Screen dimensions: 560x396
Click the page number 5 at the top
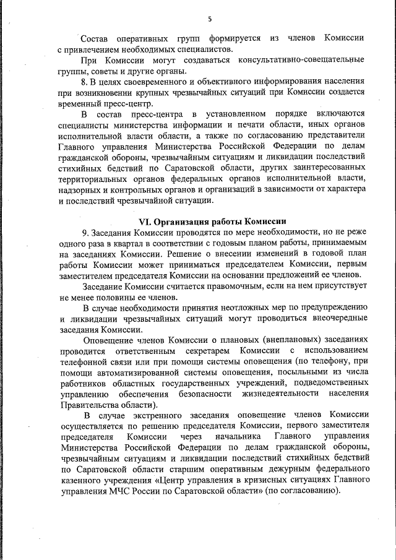(209, 19)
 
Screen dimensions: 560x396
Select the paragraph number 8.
(85, 82)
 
